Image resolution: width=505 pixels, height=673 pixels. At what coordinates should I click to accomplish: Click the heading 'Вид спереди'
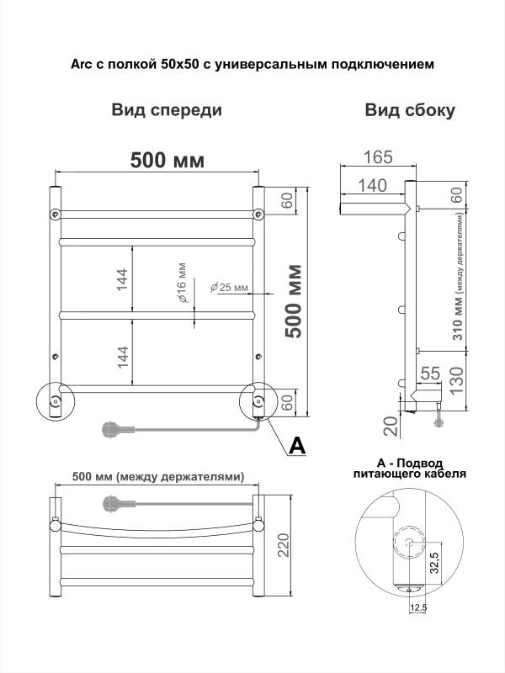click(x=167, y=110)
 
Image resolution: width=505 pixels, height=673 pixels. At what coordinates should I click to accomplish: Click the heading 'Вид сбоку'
click(x=410, y=110)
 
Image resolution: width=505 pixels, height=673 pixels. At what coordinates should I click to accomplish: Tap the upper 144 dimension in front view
click(x=122, y=280)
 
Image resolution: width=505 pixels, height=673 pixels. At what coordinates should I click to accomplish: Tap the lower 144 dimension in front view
click(x=122, y=357)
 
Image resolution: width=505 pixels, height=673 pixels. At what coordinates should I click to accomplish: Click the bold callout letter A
click(x=296, y=446)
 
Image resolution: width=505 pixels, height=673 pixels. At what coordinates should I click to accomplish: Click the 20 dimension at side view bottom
click(x=390, y=426)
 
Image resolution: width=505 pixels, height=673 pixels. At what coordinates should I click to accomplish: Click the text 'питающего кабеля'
click(x=409, y=474)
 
